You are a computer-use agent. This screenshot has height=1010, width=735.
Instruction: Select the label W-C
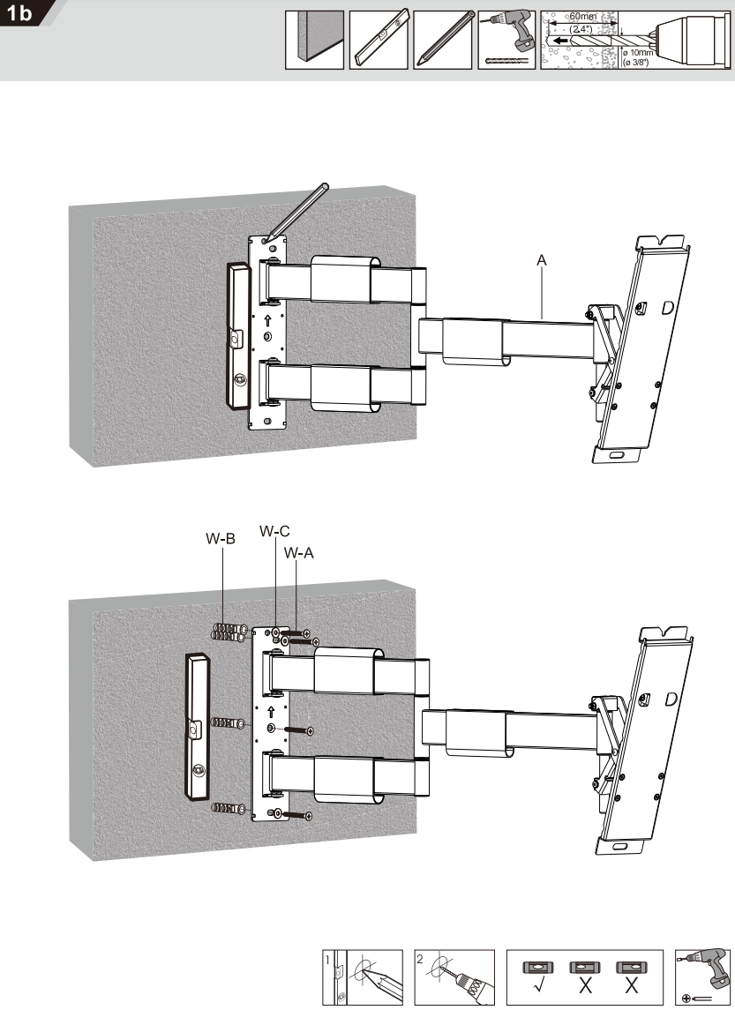274,532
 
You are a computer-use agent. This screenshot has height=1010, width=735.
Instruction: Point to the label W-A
299,554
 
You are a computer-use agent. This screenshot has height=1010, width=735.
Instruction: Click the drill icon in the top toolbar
506,40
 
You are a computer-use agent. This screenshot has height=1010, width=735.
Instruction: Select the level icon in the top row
379,40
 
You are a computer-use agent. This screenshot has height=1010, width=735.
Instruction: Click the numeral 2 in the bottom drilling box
420,959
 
